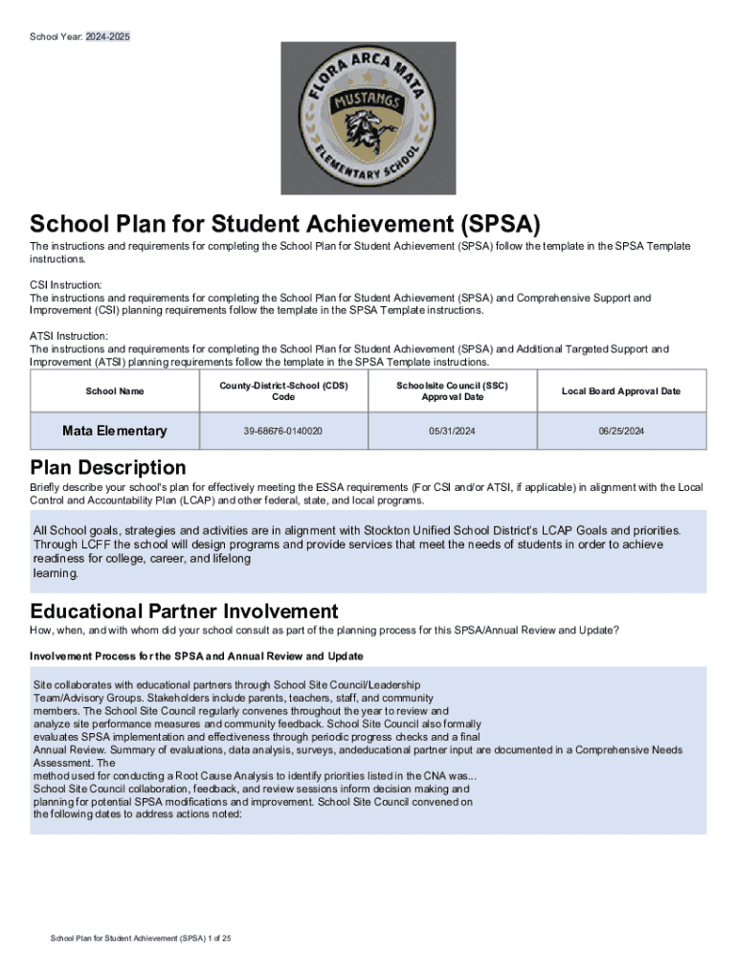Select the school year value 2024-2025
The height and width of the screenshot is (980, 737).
(x=107, y=36)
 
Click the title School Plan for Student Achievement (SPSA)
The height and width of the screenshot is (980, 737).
(x=285, y=225)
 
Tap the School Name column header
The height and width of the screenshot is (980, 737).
(x=115, y=391)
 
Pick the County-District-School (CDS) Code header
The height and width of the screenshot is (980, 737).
(x=283, y=391)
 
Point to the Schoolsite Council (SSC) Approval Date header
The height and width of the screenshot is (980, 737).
(x=453, y=391)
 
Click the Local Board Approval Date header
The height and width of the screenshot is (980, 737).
(x=621, y=391)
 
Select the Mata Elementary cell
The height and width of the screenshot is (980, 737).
(x=115, y=432)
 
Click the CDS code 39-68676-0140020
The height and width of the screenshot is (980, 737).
(x=283, y=432)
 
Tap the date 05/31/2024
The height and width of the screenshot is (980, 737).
(x=453, y=432)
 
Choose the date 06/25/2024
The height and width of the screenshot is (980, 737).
(x=621, y=432)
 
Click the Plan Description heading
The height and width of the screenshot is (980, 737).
(x=108, y=468)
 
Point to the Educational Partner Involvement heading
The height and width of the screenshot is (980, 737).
(x=184, y=612)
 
